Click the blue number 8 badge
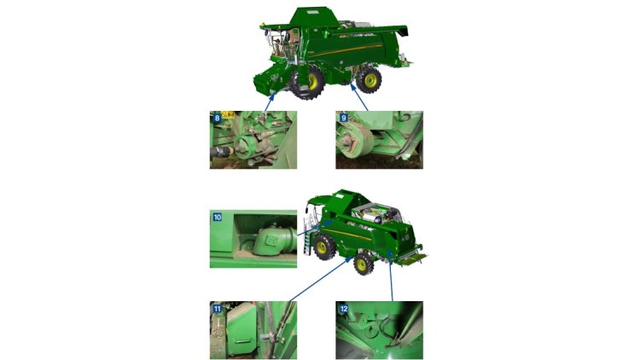pyautogui.click(x=217, y=118)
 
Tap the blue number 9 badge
pyautogui.click(x=344, y=118)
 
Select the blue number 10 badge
pyautogui.click(x=217, y=218)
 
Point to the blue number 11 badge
pyautogui.click(x=217, y=309)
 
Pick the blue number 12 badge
pyautogui.click(x=344, y=309)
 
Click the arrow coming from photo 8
pyautogui.click(x=269, y=102)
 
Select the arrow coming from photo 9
pyautogui.click(x=359, y=97)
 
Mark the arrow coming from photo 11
pyautogui.click(x=319, y=279)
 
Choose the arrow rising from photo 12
pyautogui.click(x=391, y=276)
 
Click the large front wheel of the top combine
pyautogui.click(x=307, y=83)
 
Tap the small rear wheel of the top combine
pyautogui.click(x=369, y=80)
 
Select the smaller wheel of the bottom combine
pyautogui.click(x=363, y=264)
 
